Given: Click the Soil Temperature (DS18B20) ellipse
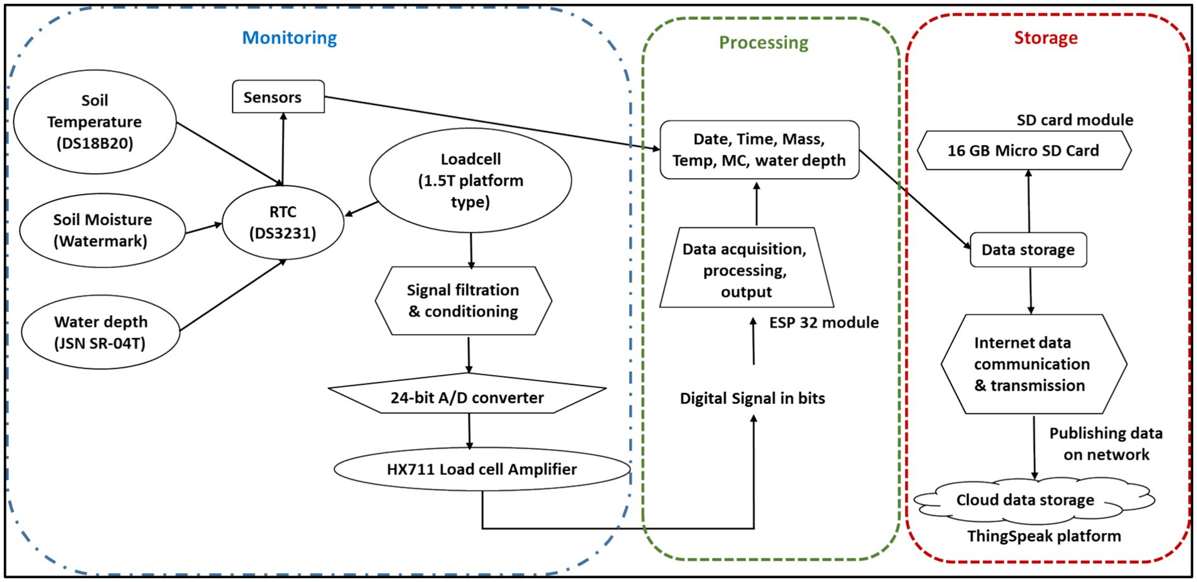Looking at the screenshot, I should [x=94, y=122].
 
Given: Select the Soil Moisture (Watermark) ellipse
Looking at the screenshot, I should [x=103, y=230].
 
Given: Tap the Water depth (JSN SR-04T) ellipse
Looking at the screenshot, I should [x=101, y=332].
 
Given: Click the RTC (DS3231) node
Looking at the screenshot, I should [x=283, y=223].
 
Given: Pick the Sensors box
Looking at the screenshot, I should [x=278, y=97].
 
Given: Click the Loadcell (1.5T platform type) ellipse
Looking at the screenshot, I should [x=470, y=181].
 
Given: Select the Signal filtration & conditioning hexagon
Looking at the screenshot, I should [x=463, y=301].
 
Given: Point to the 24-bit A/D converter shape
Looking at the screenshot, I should [x=467, y=397].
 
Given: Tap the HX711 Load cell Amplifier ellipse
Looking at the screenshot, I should [x=482, y=469].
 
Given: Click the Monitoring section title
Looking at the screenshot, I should [x=290, y=38].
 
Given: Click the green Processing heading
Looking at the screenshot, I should [x=763, y=42].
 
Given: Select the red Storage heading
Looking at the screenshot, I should [x=1045, y=38].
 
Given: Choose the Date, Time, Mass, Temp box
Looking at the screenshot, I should [x=759, y=150].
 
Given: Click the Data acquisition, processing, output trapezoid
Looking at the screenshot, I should [x=746, y=271].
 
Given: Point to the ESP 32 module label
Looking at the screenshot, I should [x=824, y=323].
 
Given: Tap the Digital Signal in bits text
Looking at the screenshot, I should [x=752, y=398].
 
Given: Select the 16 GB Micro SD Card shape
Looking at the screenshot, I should [x=1023, y=151].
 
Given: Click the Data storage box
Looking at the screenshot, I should [x=1028, y=250].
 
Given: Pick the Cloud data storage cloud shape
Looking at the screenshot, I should [x=1025, y=500].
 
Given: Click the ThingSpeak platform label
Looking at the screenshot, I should [x=1044, y=536].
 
